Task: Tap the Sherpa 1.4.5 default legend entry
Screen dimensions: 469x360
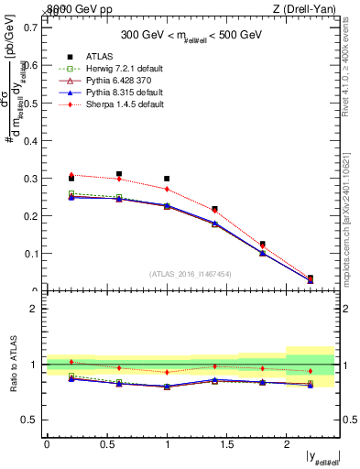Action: click(115, 104)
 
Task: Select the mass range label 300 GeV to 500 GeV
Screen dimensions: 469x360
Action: click(191, 36)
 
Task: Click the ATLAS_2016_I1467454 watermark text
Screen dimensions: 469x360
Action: click(191, 274)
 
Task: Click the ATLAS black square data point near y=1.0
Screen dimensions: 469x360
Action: click(167, 179)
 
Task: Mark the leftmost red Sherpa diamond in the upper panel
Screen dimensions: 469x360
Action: click(71, 174)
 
